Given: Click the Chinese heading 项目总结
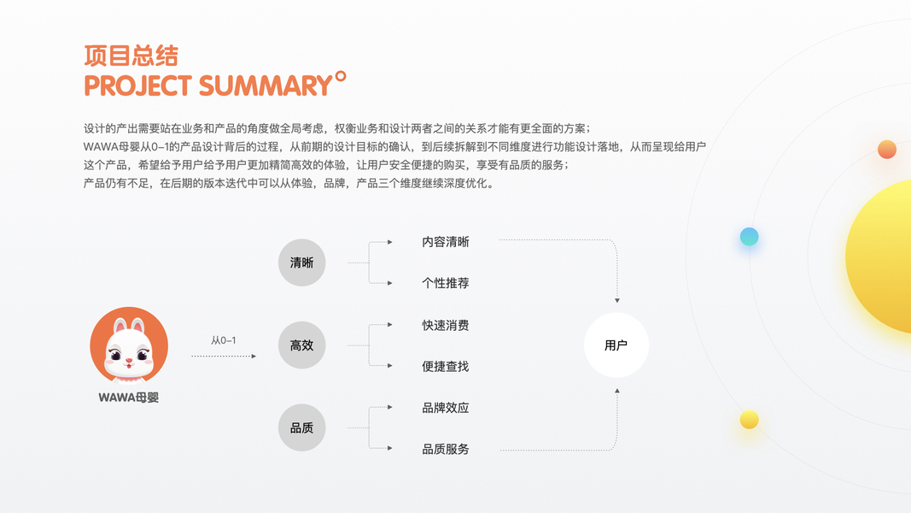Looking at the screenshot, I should coord(131,56).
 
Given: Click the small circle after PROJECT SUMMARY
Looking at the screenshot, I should coord(341,77).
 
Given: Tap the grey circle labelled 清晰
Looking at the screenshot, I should coord(302,262).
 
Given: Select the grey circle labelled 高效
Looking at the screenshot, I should coord(302,345).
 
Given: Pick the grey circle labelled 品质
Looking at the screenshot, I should coord(302,427).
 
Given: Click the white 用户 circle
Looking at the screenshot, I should coord(616,345).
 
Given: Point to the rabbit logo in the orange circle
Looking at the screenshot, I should coord(129,346).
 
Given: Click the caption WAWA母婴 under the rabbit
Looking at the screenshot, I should coord(129,398).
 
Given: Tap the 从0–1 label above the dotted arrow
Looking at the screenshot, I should coord(224,340).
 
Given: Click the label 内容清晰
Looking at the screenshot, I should coord(446,242).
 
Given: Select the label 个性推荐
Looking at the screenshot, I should coord(446,283).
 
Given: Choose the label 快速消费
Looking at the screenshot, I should coord(446,325).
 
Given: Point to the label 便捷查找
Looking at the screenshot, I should coord(446,366).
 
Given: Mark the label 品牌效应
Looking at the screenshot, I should coord(446,408).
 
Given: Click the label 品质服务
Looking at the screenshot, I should coord(446,449).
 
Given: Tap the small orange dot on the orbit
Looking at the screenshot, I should coord(887,150).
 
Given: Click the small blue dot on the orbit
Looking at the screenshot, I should coord(749,237).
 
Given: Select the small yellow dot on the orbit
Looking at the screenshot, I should coord(749,419).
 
